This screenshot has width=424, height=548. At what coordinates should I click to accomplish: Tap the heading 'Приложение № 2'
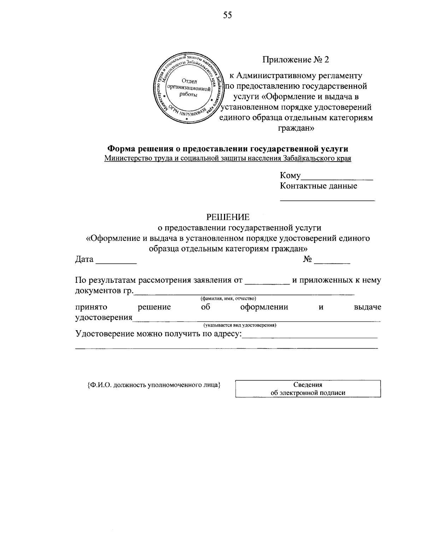pyautogui.click(x=295, y=60)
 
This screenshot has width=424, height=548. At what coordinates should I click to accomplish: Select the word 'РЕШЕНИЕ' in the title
pyautogui.click(x=228, y=216)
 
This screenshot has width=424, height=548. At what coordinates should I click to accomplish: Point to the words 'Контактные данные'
pyautogui.click(x=318, y=186)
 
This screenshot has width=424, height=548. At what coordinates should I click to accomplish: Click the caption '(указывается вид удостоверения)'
pyautogui.click(x=240, y=325)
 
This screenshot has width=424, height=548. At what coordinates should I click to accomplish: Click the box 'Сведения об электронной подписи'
pyautogui.click(x=308, y=389)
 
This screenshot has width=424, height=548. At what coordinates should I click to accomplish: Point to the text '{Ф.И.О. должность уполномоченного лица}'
pyautogui.click(x=154, y=385)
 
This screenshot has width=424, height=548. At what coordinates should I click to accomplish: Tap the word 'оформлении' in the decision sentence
pyautogui.click(x=264, y=307)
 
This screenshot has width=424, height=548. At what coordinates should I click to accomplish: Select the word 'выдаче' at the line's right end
pyautogui.click(x=367, y=307)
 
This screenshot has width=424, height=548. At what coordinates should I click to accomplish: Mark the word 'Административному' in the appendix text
pyautogui.click(x=275, y=76)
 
